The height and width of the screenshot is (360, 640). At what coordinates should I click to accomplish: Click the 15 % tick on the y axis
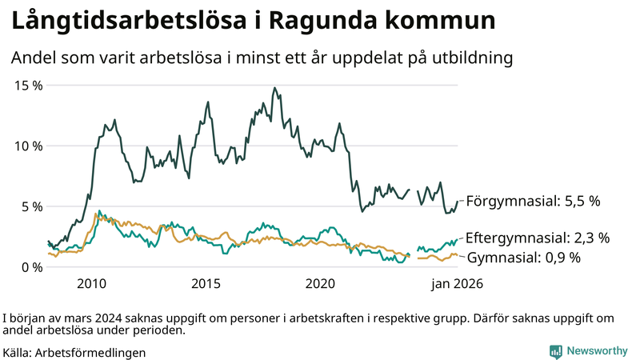[x=29, y=86]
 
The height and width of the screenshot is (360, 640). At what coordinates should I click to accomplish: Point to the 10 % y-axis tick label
[x=29, y=146]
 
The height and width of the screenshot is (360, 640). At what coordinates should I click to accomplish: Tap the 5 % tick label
[x=32, y=206]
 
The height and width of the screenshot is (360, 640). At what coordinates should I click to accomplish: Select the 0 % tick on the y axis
[x=32, y=267]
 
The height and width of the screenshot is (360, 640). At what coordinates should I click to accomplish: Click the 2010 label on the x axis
[x=92, y=284]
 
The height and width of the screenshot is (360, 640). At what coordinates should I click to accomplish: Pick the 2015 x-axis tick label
[x=206, y=284]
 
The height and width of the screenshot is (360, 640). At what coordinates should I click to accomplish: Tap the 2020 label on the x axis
[x=321, y=284]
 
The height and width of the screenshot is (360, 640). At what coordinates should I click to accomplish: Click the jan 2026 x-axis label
[x=458, y=284]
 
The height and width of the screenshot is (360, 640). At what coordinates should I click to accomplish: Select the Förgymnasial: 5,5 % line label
[x=533, y=202]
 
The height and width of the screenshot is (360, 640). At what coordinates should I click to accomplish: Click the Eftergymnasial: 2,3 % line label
[x=538, y=238]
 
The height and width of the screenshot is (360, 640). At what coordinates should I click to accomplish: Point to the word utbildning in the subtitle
[x=467, y=58]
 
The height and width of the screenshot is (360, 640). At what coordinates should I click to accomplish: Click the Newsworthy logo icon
[x=555, y=351]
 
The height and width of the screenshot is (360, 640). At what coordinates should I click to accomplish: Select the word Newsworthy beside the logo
[x=597, y=351]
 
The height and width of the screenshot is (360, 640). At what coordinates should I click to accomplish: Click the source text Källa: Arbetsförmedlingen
[x=74, y=352]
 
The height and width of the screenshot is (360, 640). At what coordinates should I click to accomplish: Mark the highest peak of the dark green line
[x=274, y=88]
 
